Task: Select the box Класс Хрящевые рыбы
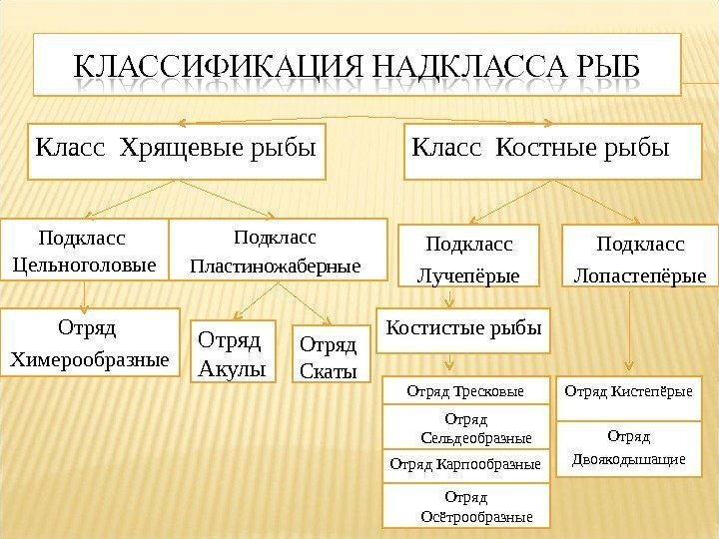[x=177, y=153]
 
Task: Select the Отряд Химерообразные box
[x=87, y=342]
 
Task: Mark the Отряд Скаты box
[x=329, y=354]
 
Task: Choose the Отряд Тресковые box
[x=465, y=389]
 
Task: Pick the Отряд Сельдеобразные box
[x=465, y=426]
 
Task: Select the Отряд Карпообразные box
[x=465, y=463]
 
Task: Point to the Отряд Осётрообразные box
[x=465, y=504]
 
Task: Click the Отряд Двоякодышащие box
[x=628, y=448]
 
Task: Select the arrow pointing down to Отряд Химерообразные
[x=85, y=295]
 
